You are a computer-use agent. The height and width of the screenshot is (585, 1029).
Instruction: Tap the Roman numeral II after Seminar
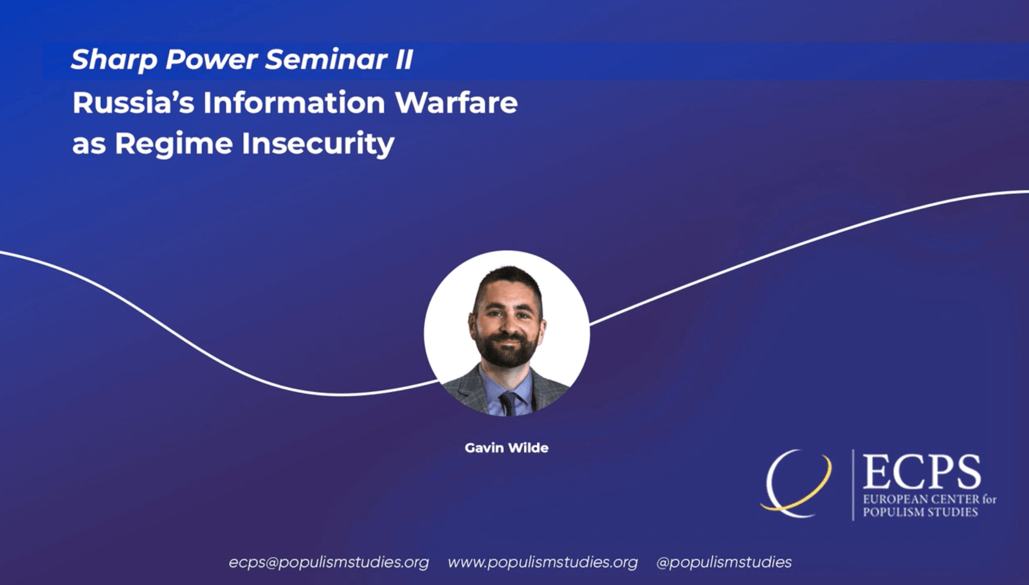point(403,59)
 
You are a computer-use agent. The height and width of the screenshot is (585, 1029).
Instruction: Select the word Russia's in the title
point(133,103)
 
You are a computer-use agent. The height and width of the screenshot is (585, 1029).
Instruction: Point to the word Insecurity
point(318,143)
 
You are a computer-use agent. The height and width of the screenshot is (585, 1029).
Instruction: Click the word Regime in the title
point(174,144)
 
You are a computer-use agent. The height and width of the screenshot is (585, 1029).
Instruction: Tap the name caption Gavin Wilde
point(506,448)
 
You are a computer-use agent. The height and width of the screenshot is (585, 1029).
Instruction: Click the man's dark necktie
point(508,403)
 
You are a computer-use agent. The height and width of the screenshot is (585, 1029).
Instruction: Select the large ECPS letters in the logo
point(922,473)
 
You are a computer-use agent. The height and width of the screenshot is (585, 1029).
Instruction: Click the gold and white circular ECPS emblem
point(796,483)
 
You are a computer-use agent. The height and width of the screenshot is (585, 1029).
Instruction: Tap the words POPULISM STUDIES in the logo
point(920,512)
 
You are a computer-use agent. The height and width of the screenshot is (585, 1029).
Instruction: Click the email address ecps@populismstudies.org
point(329,562)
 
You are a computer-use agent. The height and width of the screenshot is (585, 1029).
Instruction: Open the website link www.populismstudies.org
point(542,562)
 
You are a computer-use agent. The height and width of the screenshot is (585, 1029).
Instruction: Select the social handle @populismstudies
point(724,562)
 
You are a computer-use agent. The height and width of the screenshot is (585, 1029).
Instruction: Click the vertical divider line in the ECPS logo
point(853,485)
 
